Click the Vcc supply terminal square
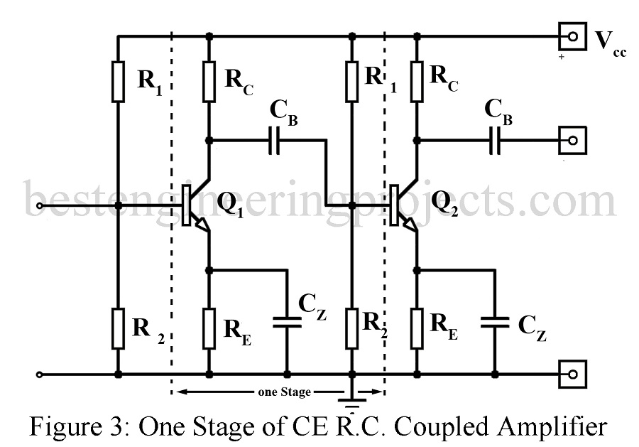[x=572, y=36]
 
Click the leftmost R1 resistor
[x=118, y=81]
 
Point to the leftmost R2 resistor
[x=118, y=329]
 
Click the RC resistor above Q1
[x=209, y=81]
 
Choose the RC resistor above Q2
[x=417, y=81]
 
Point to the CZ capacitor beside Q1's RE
[x=288, y=321]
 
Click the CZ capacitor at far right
[x=496, y=321]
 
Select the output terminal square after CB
[x=572, y=141]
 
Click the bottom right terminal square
[x=572, y=373]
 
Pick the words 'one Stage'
[x=279, y=392]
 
